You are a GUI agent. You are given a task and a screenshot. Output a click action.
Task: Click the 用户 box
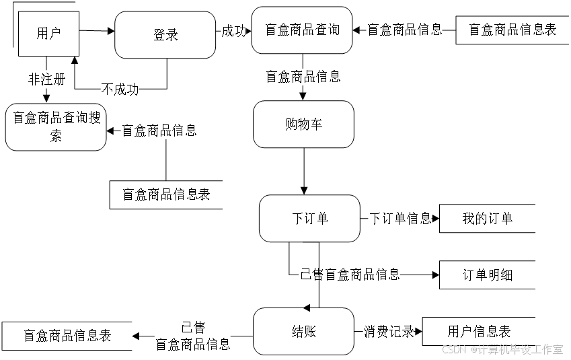(x=48, y=33)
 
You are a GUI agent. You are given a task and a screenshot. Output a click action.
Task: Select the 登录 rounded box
(x=165, y=35)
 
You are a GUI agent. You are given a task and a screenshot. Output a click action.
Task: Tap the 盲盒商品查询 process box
(x=302, y=30)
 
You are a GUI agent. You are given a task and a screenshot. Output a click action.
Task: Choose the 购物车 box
(x=303, y=124)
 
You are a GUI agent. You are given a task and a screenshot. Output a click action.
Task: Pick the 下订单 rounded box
(x=309, y=219)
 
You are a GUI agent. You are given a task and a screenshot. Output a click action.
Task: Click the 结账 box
(x=303, y=332)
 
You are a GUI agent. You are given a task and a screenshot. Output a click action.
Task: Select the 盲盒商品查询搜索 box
(x=56, y=127)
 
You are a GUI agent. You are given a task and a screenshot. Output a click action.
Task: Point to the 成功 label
(x=234, y=31)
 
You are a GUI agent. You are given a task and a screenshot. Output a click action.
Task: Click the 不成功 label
(x=120, y=89)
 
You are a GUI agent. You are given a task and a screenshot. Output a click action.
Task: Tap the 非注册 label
(x=46, y=79)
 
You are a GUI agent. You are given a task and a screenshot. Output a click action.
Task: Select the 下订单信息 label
(x=400, y=219)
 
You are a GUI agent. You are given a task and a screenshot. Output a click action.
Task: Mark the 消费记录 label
(x=388, y=332)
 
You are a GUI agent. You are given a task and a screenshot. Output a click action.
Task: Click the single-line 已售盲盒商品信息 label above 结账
(x=350, y=275)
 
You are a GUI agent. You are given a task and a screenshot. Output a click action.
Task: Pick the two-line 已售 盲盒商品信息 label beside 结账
(x=192, y=336)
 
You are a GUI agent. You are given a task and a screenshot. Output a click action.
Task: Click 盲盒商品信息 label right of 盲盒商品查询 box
(x=404, y=30)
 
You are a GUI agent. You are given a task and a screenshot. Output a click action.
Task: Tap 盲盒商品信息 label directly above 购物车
(x=303, y=77)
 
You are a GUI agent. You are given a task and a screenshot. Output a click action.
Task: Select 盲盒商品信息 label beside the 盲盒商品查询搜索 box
(x=159, y=131)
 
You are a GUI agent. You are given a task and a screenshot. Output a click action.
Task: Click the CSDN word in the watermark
(x=453, y=349)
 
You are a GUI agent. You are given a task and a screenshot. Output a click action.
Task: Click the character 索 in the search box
(x=56, y=137)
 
